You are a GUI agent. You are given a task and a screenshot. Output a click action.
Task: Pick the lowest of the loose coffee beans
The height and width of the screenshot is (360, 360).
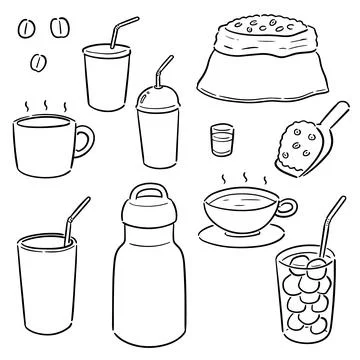[x=39, y=66]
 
